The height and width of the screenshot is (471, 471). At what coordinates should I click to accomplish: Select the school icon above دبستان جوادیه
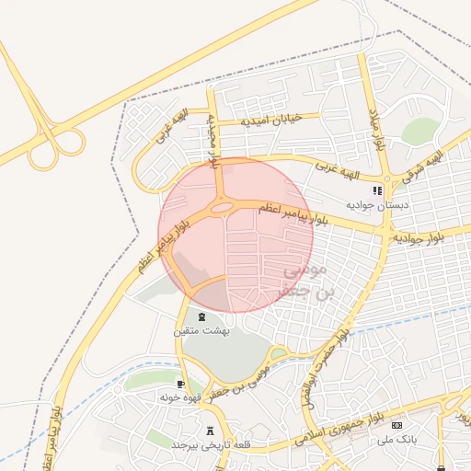click(376, 190)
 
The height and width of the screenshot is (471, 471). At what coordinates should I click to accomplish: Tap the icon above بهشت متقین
click(202, 316)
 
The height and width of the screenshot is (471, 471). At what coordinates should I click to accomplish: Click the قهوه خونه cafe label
click(180, 396)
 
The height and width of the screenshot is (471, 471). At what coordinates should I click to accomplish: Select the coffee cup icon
click(180, 384)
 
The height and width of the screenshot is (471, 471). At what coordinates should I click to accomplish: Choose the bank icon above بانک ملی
click(397, 426)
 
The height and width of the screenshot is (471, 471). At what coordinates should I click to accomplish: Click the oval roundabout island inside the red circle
click(221, 209)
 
